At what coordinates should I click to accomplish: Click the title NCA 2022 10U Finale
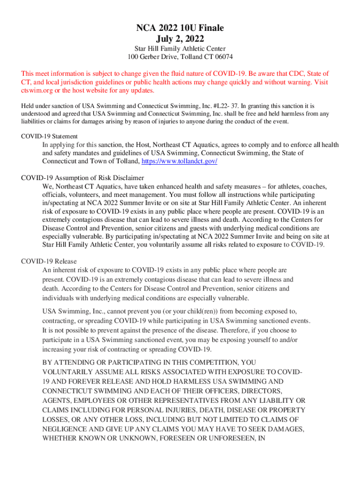[x=180, y=28]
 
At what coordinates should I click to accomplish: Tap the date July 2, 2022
[x=180, y=38]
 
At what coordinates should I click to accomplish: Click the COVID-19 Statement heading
[x=50, y=136]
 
